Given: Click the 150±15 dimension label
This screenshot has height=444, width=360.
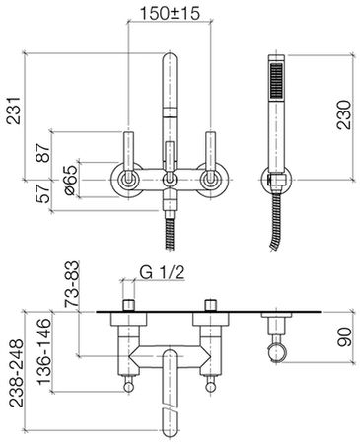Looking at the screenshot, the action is click(x=170, y=14).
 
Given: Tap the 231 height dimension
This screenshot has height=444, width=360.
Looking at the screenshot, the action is click(x=14, y=111).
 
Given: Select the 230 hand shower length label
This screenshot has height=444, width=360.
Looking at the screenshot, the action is click(x=344, y=114).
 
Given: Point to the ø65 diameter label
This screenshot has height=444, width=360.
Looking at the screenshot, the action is click(x=71, y=180).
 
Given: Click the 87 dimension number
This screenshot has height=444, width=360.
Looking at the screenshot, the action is click(x=43, y=153).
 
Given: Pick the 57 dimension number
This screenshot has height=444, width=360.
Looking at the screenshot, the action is click(x=43, y=193).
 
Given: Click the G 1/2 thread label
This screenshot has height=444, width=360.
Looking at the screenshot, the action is click(x=163, y=272).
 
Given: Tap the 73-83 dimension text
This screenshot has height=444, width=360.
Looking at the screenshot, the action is click(x=72, y=284).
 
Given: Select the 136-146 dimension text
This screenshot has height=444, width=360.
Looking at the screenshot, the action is click(x=44, y=351).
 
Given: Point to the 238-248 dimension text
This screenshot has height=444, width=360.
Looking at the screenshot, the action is click(x=16, y=373).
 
